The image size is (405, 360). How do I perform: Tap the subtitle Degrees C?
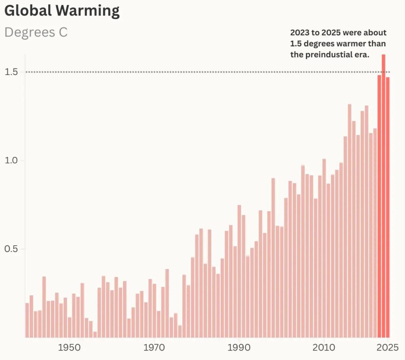[36, 32]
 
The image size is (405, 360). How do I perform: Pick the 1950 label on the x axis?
[70, 348]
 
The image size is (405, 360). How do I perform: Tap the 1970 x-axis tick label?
[154, 348]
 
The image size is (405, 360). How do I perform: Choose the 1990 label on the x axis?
[239, 348]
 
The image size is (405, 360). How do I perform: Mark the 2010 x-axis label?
[324, 348]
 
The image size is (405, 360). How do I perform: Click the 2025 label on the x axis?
[388, 348]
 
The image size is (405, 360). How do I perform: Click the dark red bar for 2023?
[379, 206]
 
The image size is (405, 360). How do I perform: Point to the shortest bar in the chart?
[95, 335]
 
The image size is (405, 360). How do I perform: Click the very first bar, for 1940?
[27, 320]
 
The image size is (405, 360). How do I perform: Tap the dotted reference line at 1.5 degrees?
[198, 72]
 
